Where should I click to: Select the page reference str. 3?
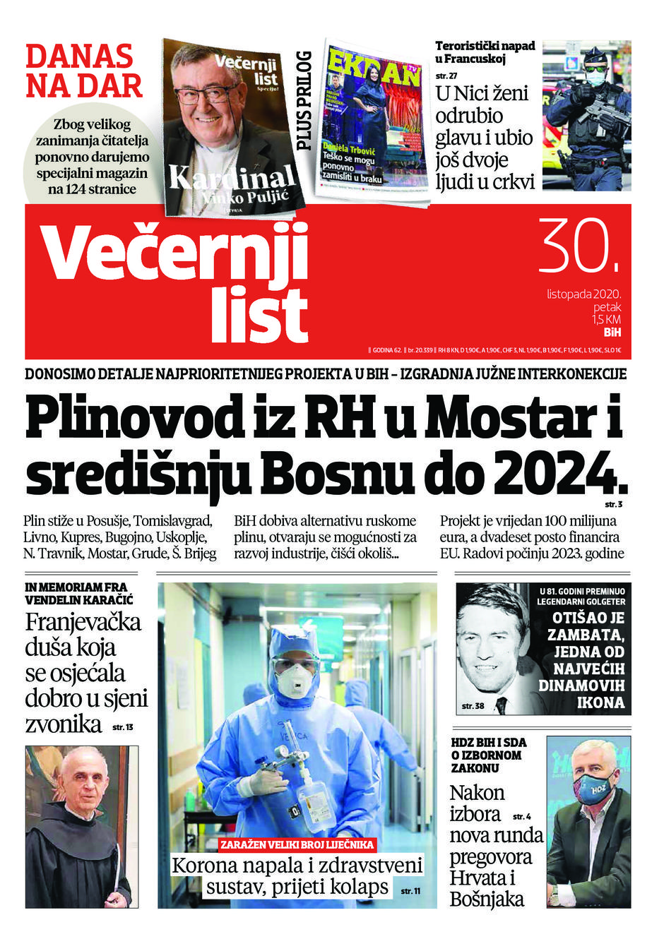pos(613,505)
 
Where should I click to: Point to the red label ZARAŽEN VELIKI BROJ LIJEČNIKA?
pos(297,844)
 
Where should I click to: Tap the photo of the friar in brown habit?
pos(81,826)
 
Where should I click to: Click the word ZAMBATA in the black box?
pos(586,634)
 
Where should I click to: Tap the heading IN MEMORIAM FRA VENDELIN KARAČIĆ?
pos(78,594)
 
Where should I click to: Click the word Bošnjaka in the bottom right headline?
pos(487,899)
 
